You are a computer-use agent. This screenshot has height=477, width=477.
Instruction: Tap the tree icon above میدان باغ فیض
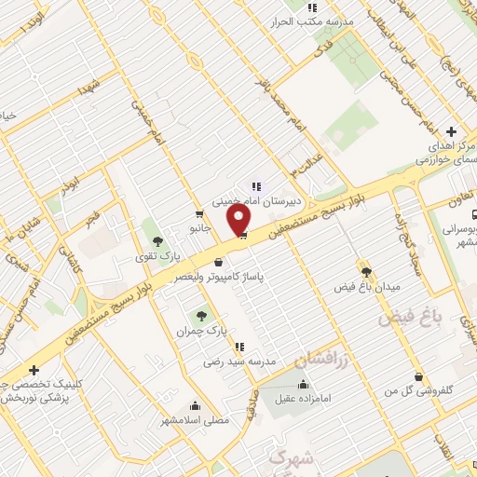point(366,271)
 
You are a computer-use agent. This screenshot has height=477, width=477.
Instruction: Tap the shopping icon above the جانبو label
point(198,213)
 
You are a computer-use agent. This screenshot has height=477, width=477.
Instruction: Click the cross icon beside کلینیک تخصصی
point(34,370)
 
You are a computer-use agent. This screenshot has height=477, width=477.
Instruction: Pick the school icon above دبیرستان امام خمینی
point(256,185)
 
